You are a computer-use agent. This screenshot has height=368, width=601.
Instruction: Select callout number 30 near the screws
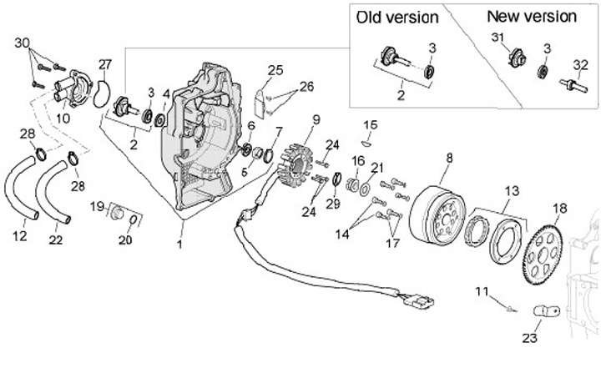[x=23, y=43]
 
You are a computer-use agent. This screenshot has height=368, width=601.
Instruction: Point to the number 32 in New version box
[x=579, y=63]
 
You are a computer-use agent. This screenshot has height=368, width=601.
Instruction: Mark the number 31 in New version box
[x=497, y=38]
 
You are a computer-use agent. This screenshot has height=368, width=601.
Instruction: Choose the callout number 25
[x=275, y=69]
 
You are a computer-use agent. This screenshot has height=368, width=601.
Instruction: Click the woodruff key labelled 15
[x=370, y=142]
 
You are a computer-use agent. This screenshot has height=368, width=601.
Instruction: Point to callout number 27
[x=104, y=64]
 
